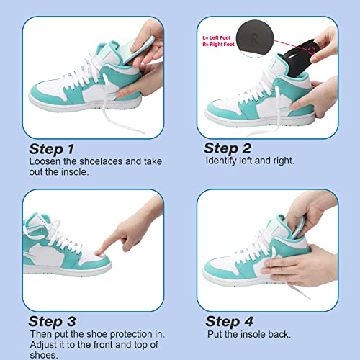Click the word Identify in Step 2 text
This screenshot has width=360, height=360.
[x=222, y=161]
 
